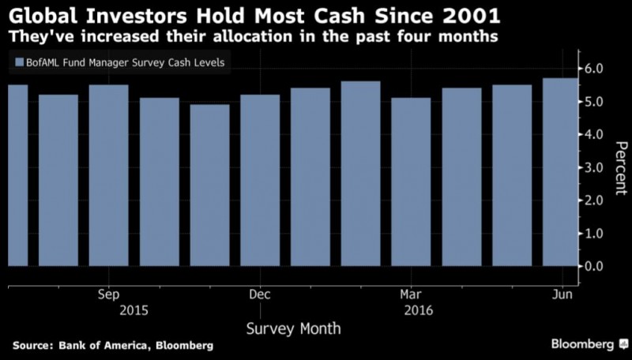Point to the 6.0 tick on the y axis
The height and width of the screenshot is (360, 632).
(595, 69)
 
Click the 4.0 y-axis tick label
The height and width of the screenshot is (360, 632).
(595, 135)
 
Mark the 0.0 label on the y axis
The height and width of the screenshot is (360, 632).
(595, 266)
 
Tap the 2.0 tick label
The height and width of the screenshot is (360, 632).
(595, 201)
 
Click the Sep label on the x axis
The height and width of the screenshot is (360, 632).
(109, 294)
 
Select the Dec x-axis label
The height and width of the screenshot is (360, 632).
(260, 294)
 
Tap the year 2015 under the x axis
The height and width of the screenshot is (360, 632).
(134, 310)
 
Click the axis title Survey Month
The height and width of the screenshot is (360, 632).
(293, 328)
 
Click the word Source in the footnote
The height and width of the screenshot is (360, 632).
(32, 346)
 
